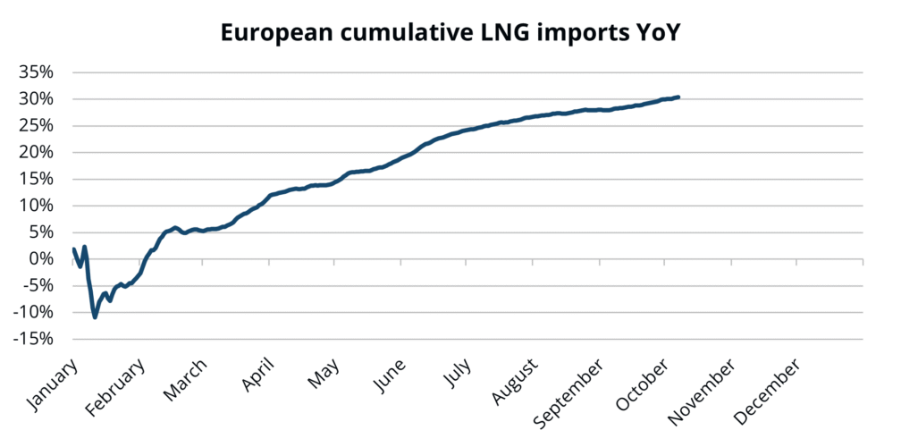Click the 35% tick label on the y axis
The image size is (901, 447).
coord(38,72)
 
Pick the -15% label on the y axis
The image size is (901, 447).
coord(35,340)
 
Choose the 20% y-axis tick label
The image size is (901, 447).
coord(38,152)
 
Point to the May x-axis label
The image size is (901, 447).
coord(324,376)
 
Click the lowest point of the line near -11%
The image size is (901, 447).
coord(95,316)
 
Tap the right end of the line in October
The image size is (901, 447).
coord(678,97)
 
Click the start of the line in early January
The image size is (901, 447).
coord(73,249)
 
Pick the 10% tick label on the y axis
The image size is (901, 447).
coord(38,206)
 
